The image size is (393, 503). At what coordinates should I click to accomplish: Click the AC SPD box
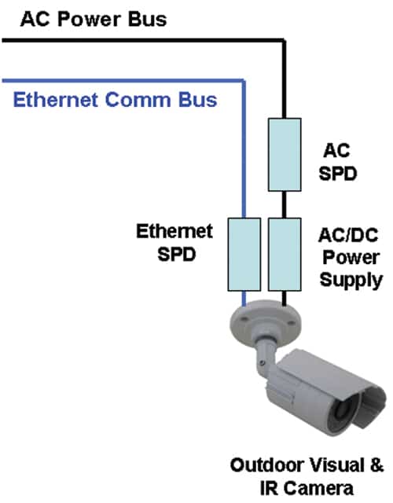point(285,155)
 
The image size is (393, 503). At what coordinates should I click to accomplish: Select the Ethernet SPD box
point(244,255)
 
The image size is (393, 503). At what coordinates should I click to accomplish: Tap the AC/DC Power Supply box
point(285,255)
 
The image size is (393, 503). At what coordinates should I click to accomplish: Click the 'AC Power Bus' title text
point(94,19)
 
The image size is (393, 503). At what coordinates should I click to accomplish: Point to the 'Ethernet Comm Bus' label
point(116,100)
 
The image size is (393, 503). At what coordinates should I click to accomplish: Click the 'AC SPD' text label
point(337,162)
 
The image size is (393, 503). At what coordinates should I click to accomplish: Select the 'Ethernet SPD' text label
point(174,243)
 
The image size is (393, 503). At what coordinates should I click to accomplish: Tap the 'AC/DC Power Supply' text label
point(351,259)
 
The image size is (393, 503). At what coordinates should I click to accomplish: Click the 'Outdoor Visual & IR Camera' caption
point(307,477)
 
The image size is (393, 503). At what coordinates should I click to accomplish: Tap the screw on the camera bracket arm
point(263,363)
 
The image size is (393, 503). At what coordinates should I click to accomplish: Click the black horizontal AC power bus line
point(143,40)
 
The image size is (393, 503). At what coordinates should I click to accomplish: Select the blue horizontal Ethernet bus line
point(123,80)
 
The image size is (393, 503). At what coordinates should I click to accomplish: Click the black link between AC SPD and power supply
point(284,204)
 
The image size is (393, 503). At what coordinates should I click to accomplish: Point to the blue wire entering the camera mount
point(244,299)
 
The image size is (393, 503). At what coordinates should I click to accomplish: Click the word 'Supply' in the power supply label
point(351,281)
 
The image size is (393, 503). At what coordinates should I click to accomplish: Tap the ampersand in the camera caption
point(376,465)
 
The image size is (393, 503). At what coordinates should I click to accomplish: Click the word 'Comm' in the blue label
point(138,100)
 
